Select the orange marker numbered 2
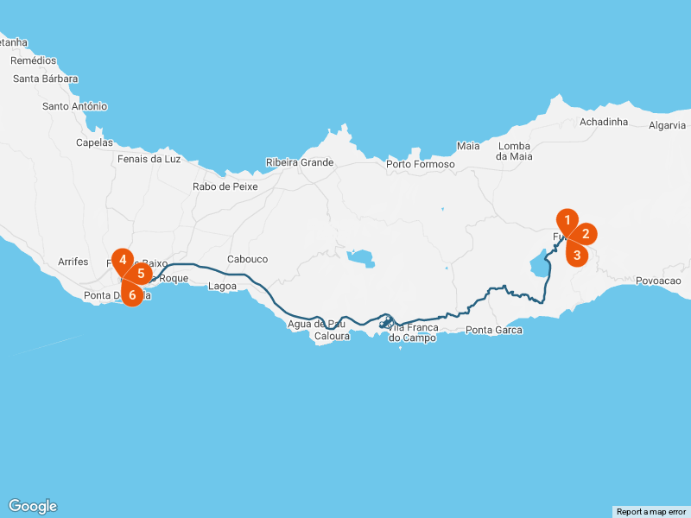585,233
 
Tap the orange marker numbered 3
577,255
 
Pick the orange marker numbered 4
124,260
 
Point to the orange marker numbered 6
132,295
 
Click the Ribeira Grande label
300,162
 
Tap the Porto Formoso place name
421,164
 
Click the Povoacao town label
658,281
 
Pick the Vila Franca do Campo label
413,332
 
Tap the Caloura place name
333,336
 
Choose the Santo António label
75,106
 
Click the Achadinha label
604,122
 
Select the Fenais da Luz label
149,159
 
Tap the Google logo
33,506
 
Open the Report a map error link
651,512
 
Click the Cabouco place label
247,259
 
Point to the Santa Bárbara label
46,79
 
